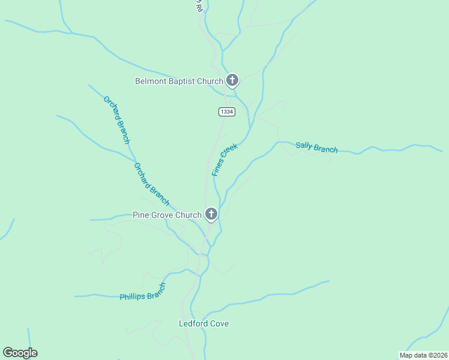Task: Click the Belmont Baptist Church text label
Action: click(x=179, y=81)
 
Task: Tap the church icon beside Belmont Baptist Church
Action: click(x=232, y=80)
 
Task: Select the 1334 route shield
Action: click(x=226, y=112)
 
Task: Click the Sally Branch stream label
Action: click(x=316, y=148)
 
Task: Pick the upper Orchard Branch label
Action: click(x=116, y=120)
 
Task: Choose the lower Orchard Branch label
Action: click(x=151, y=184)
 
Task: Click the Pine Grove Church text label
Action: click(x=167, y=215)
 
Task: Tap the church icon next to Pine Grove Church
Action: click(x=211, y=214)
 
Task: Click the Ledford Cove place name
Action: click(x=203, y=324)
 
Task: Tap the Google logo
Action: click(x=20, y=353)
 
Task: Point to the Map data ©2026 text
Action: click(x=423, y=355)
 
